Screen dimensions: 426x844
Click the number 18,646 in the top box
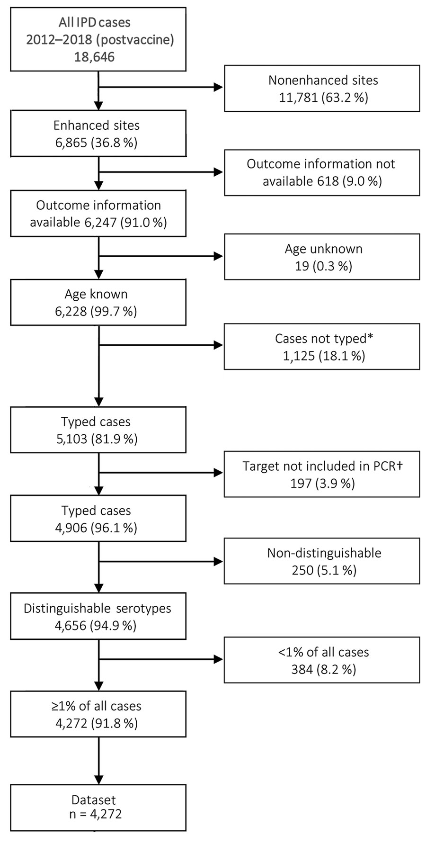click(94, 57)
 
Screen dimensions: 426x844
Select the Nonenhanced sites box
click(322, 89)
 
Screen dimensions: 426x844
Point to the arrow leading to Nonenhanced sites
click(160, 87)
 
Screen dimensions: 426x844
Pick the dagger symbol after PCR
click(400, 466)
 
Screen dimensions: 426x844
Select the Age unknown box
click(322, 257)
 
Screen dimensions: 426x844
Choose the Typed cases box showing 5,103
click(98, 430)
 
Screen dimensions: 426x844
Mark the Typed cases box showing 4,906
click(98, 519)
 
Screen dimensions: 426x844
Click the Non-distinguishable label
click(324, 553)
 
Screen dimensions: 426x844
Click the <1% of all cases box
click(322, 660)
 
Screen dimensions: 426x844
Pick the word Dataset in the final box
click(94, 799)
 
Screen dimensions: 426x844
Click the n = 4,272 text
click(95, 814)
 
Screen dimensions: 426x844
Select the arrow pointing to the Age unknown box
click(160, 256)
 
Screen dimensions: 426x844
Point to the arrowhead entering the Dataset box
click(98, 780)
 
